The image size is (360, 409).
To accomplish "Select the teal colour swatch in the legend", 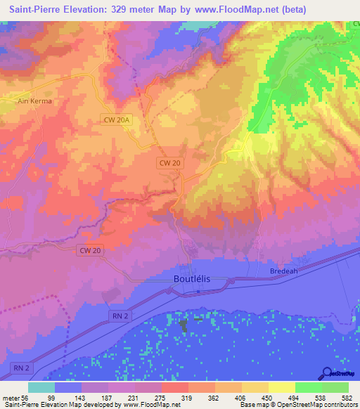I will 41,387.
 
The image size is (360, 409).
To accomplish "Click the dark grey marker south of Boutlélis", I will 184,325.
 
